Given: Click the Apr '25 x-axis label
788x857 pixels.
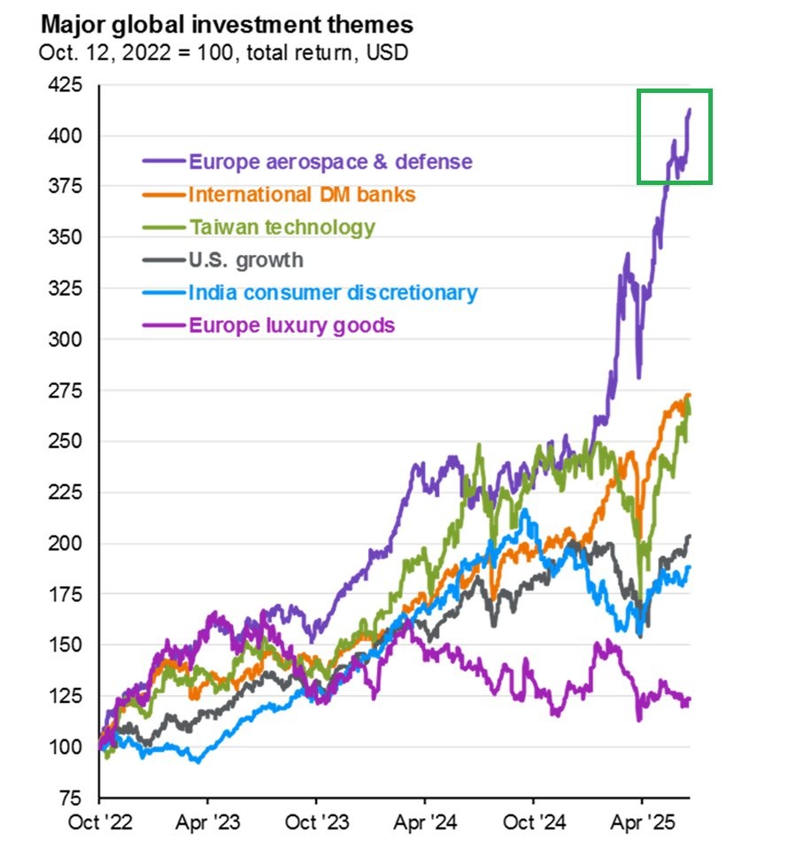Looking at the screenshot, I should click(643, 822).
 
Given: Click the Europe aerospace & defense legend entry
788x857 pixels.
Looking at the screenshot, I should click(330, 162).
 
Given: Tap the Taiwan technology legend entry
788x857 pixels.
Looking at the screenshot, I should click(282, 228).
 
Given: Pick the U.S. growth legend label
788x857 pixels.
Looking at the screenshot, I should click(245, 260).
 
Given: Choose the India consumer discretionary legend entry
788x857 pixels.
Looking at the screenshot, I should click(333, 293).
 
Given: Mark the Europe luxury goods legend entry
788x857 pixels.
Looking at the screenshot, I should click(291, 325).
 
